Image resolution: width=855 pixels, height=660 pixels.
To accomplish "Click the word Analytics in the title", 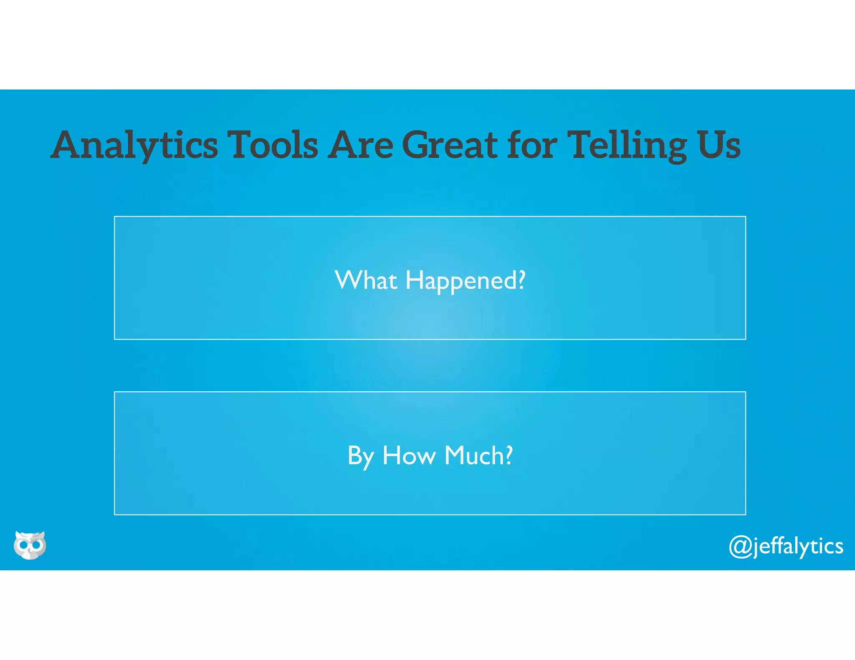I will tap(134, 145).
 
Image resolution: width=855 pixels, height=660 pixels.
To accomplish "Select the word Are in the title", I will tap(360, 145).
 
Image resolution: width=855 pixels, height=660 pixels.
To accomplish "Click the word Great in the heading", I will tap(450, 145).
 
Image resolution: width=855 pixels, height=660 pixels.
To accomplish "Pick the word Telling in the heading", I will tap(628, 145).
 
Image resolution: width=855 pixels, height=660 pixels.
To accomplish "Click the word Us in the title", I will tap(718, 145).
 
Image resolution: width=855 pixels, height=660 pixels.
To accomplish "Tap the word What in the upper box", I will tap(366, 280).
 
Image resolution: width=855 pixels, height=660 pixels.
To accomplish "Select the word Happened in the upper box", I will tap(461, 281).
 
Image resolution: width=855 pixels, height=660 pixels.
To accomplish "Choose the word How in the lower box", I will tap(409, 455).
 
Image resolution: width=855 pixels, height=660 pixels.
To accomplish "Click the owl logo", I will tap(30, 545).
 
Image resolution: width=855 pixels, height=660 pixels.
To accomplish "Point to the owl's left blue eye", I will tap(23, 545).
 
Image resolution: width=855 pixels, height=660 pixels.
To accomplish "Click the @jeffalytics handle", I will tap(786, 546).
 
